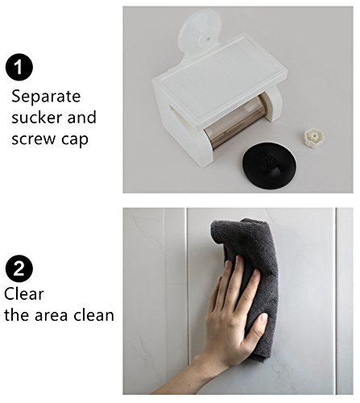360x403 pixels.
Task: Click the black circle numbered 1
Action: tap(19, 67)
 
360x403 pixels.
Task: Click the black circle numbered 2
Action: tap(19, 268)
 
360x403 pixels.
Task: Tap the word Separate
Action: tap(46, 97)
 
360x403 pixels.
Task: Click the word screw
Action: tap(34, 139)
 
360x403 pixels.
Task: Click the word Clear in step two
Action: tap(24, 293)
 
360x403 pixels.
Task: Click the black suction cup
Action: tap(269, 166)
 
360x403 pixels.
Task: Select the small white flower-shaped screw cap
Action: tap(315, 137)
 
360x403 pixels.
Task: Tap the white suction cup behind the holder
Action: tap(200, 31)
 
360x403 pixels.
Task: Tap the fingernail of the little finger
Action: tap(228, 264)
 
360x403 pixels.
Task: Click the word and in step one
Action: tap(82, 118)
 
